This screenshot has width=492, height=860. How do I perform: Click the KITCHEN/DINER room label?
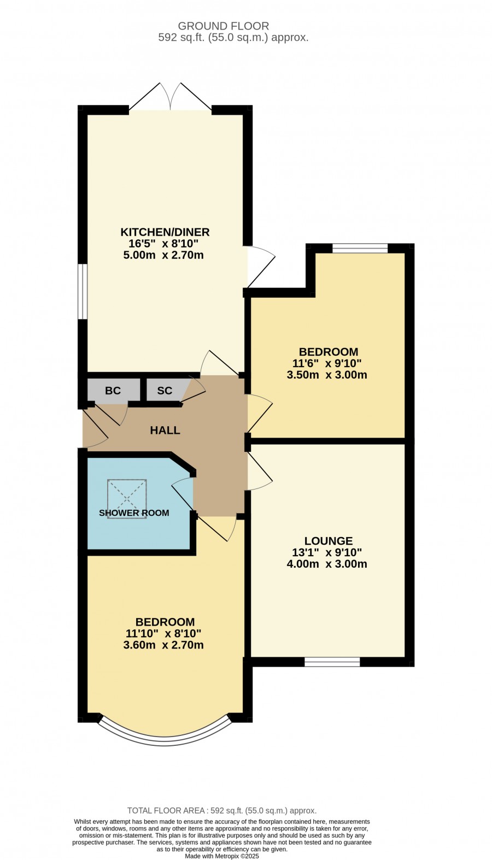[x=165, y=232]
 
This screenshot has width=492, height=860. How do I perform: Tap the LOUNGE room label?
[x=329, y=541]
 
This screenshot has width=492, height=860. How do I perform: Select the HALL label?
[x=165, y=431]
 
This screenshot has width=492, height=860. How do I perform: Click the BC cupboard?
[x=113, y=391]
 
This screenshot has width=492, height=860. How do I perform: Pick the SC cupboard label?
[x=165, y=391]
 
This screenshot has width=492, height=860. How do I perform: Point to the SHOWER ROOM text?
[x=134, y=513]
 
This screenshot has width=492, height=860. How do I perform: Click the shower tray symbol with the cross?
[x=127, y=499]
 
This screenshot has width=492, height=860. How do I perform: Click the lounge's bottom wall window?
[x=332, y=662]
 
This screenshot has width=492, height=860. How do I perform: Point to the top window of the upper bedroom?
[x=360, y=249]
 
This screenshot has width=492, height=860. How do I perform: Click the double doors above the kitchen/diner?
[x=170, y=97]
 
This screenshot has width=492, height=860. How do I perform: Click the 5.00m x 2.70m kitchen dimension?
[x=163, y=255]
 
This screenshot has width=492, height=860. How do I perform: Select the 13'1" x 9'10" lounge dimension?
[x=327, y=552]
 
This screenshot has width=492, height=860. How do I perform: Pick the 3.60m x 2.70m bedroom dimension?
[x=163, y=645]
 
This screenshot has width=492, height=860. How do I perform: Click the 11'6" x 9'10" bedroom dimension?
[x=327, y=363]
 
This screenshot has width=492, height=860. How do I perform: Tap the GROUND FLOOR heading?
[x=223, y=26]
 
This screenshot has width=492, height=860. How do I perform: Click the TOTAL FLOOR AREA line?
[x=222, y=810]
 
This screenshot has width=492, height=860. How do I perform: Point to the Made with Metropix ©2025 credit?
[x=222, y=856]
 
